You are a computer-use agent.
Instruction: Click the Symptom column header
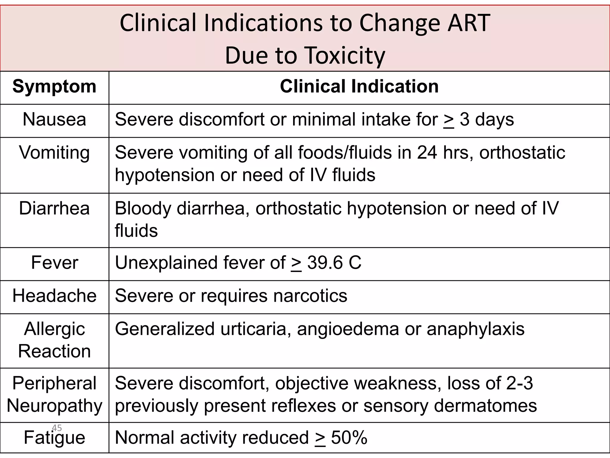54,87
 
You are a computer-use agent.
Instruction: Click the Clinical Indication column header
359,87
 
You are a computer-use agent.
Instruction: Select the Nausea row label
54,120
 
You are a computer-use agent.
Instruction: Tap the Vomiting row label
54,153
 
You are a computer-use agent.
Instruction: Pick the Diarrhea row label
54,208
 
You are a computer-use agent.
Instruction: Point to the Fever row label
54,263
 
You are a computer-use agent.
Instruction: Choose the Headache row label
54,296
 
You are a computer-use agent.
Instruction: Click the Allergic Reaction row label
54,340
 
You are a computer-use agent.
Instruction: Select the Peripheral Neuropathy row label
54,394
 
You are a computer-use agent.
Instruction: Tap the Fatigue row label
54,438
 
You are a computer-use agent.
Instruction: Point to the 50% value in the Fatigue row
349,438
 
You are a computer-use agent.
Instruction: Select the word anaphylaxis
475,329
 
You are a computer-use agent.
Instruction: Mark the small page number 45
57,428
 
